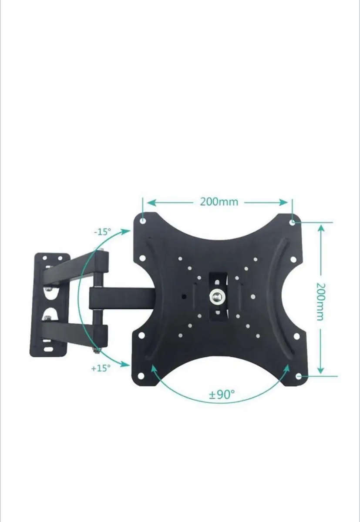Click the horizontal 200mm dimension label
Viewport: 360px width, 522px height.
click(x=219, y=202)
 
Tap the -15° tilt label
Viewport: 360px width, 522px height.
click(x=103, y=232)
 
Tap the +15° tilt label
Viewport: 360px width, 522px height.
click(x=101, y=368)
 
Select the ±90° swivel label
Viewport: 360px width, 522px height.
click(x=222, y=395)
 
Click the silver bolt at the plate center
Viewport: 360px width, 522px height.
click(x=216, y=297)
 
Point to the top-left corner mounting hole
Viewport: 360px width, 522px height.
click(x=143, y=221)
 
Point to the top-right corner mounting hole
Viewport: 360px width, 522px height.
click(x=293, y=222)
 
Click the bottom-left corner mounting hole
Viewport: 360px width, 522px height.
click(x=141, y=376)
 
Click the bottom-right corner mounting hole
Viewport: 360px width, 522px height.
click(x=299, y=376)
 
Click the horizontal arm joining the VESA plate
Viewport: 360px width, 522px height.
click(x=122, y=298)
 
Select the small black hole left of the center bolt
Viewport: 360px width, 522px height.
click(x=184, y=298)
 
